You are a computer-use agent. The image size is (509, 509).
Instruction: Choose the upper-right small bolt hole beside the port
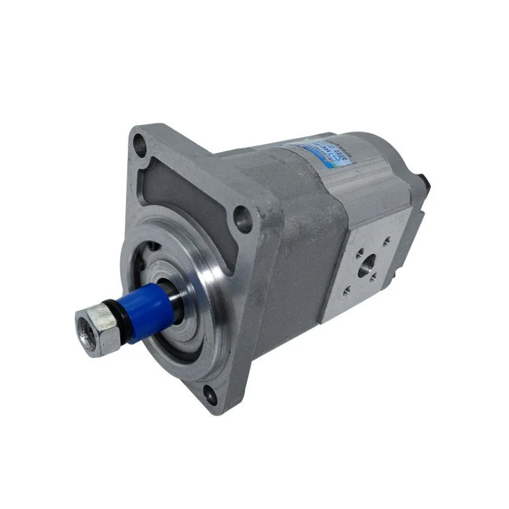click(x=386, y=240)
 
